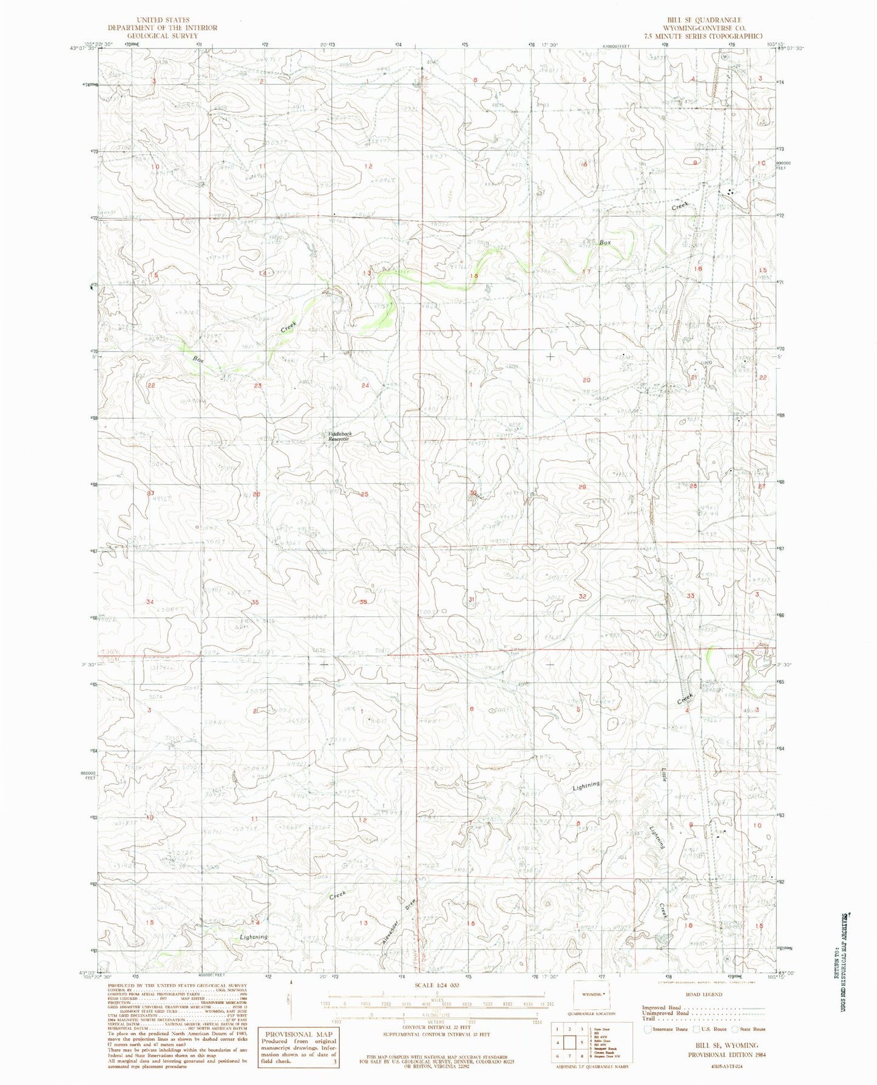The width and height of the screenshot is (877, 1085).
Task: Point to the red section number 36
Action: (x=364, y=601)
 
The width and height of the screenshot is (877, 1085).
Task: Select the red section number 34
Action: (x=150, y=601)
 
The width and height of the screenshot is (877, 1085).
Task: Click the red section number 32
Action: (x=582, y=597)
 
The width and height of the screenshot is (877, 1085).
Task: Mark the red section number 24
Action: (x=365, y=385)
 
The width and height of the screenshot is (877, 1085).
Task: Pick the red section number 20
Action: (x=586, y=380)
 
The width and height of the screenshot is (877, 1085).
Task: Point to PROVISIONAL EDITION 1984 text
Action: (x=727, y=1054)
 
